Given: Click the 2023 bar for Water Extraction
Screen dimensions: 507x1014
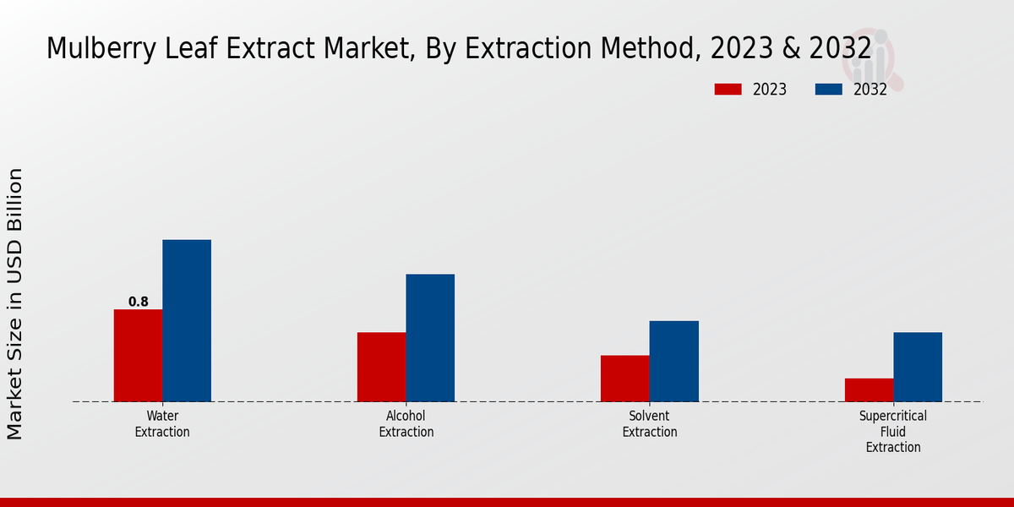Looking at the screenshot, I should pos(138,355).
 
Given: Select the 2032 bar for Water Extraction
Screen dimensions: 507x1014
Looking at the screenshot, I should pos(187,320).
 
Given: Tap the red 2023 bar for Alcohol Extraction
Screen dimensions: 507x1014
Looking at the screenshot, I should pos(381,367).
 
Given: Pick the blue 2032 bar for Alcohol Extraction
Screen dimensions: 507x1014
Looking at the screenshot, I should pos(430,337).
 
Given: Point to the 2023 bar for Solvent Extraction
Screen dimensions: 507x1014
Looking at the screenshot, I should pos(625,378).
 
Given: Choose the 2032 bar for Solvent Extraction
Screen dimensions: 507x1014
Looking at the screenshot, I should pos(674,361).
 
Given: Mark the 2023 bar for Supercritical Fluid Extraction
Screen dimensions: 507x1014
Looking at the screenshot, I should pos(869,390).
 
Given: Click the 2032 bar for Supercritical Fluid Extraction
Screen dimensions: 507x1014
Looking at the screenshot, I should pos(918,367).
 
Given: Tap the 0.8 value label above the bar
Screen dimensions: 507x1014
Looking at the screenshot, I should pos(139,302).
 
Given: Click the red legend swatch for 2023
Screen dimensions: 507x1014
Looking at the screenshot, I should pos(728,90).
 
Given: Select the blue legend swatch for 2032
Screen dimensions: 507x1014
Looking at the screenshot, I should pos(828,90).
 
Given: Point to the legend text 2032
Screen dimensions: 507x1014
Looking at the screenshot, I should pos(870,90).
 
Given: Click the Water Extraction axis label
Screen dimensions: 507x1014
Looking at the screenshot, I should pos(162,423).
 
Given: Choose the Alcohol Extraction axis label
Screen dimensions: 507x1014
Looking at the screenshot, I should pos(406,423).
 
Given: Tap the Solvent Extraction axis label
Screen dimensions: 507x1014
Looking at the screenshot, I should pos(650,423).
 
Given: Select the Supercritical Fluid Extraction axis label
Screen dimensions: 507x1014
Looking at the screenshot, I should pos(893,431).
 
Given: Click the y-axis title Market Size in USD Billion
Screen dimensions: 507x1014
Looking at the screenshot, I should pos(15,304).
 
